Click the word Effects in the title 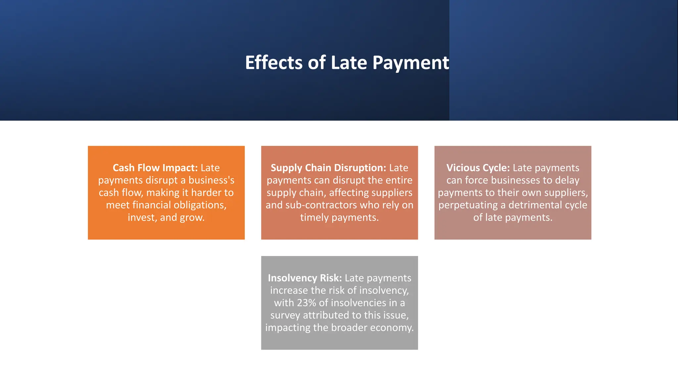(x=273, y=63)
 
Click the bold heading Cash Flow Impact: (x=155, y=168)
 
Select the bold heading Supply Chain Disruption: (x=328, y=168)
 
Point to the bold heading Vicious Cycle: (x=478, y=168)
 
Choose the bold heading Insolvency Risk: (x=305, y=278)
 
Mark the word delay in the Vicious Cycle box (x=567, y=180)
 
